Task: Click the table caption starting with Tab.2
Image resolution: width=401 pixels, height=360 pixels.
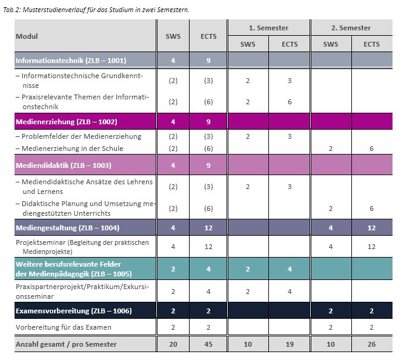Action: pos(96,10)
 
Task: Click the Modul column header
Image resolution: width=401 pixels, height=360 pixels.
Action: pos(27,36)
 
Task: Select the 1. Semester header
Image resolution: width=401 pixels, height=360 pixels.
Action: pos(268,28)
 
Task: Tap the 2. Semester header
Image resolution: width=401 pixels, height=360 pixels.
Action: pos(351,28)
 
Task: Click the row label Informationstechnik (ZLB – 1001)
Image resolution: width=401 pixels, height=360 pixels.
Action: pos(71,61)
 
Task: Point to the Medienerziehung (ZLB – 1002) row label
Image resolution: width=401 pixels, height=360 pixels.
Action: pos(67,122)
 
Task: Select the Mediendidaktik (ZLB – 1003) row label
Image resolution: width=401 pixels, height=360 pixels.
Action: pos(64,165)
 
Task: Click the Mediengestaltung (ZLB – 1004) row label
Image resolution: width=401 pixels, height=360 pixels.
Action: pos(67,228)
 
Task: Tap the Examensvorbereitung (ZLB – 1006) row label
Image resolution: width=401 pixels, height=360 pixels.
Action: pos(74,311)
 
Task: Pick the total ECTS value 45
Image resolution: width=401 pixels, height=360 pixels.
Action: pos(208,344)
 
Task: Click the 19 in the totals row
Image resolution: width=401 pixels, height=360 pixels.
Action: pos(290,344)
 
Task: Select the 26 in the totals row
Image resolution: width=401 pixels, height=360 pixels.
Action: pos(371,344)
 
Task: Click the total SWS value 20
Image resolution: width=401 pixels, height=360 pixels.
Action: pos(173,344)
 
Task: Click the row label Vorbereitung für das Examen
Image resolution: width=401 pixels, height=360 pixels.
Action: pos(64,327)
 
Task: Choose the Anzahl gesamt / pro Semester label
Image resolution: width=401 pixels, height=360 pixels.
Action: pos(66,344)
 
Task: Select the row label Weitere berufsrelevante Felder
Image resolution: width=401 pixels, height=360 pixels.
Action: pos(68,264)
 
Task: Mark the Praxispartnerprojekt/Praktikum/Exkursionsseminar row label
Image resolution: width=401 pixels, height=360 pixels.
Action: pos(82,292)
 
